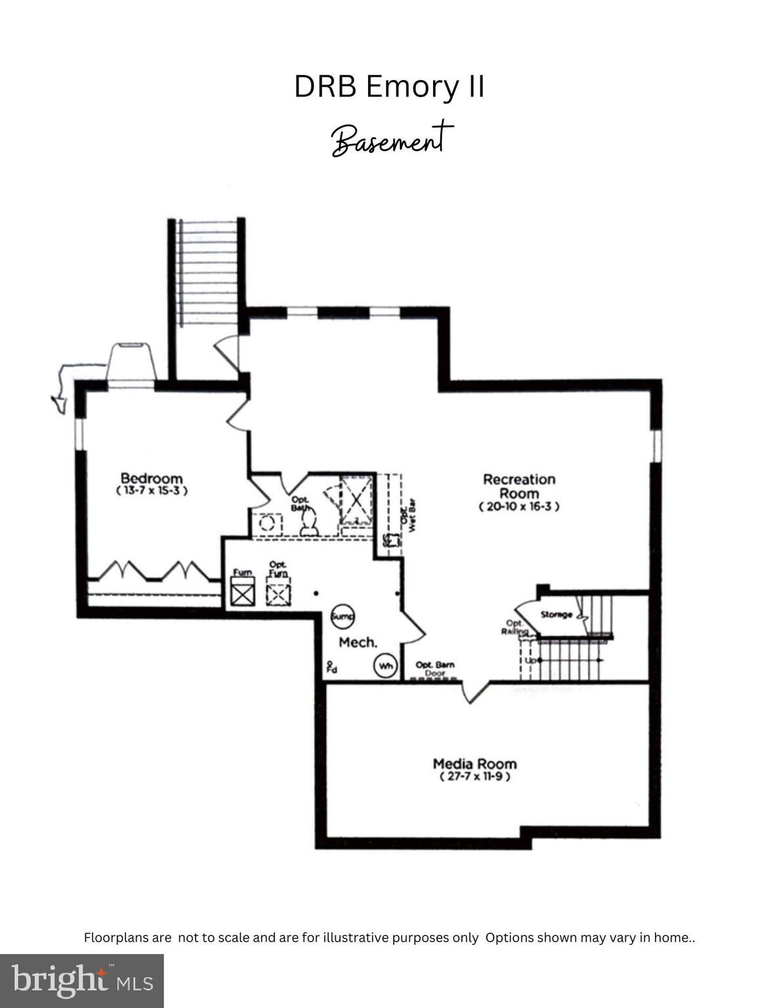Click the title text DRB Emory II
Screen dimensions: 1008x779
(389, 87)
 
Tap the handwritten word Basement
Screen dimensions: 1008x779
(392, 139)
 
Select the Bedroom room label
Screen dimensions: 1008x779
(152, 478)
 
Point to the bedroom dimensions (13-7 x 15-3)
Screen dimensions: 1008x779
(152, 491)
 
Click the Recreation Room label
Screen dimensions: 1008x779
(519, 486)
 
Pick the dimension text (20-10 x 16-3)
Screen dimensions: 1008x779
(519, 507)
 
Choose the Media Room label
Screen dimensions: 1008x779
(474, 763)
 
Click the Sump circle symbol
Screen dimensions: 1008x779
(342, 616)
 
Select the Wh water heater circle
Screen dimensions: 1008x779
(385, 667)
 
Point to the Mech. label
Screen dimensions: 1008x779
(358, 642)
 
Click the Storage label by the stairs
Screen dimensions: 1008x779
(555, 615)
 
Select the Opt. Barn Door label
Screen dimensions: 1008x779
(434, 669)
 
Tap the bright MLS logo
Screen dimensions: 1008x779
(82, 981)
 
